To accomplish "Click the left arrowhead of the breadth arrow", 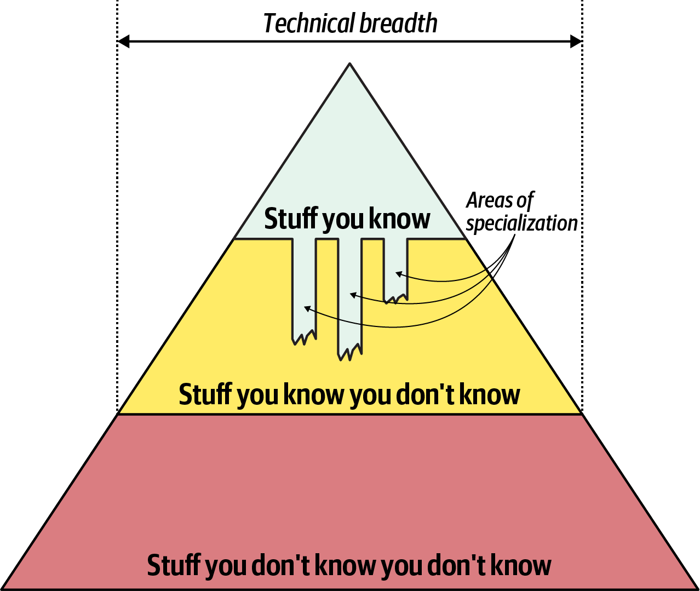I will [x=123, y=41].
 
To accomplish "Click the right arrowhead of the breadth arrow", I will [x=576, y=41].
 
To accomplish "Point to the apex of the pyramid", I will [x=349, y=64].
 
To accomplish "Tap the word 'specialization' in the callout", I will [x=521, y=223].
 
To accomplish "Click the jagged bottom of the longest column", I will [x=349, y=353].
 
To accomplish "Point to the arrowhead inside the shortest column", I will [x=398, y=273].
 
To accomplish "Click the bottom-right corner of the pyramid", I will [x=696, y=588].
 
